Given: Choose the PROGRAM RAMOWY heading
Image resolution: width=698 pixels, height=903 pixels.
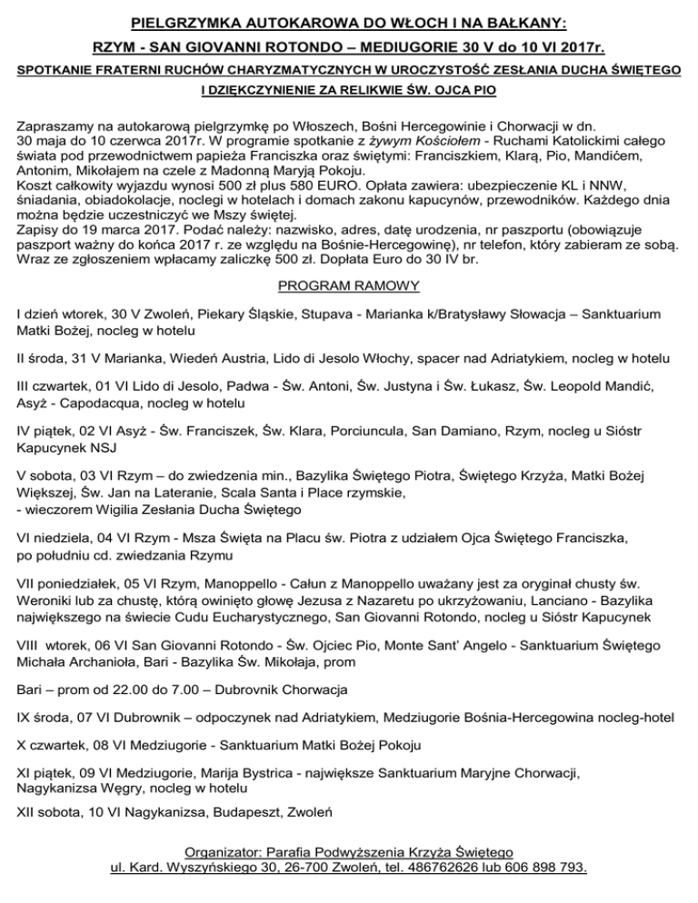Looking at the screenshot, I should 348,286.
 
